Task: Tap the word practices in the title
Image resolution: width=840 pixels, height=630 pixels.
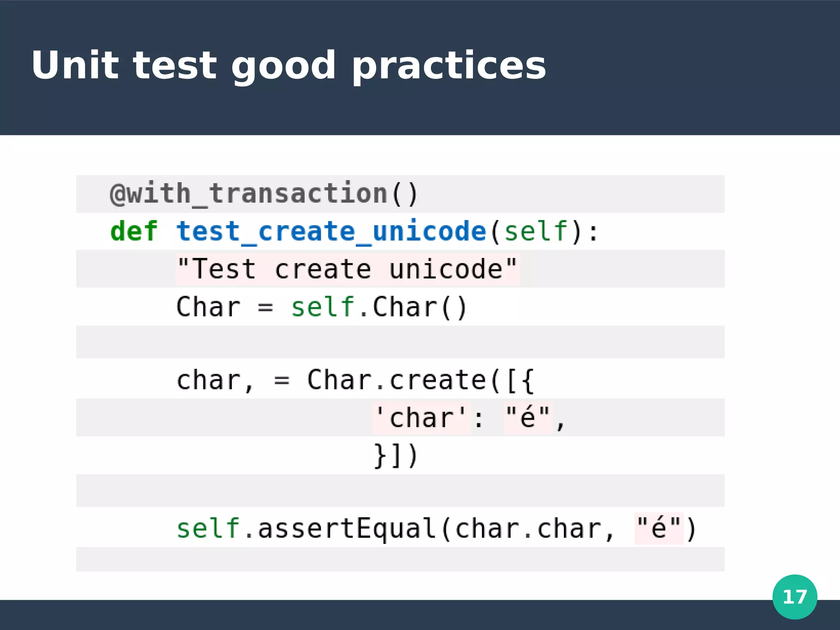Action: click(449, 66)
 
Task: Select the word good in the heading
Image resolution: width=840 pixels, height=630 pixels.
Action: click(283, 66)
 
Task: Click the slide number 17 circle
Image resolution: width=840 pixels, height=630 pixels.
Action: click(794, 596)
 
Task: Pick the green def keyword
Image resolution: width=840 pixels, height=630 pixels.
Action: click(134, 231)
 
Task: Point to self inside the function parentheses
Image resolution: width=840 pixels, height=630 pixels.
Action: click(536, 231)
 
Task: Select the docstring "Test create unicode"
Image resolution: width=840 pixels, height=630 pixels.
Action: click(347, 269)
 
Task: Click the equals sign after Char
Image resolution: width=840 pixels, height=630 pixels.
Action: click(265, 307)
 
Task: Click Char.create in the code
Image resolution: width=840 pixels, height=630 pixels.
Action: click(396, 380)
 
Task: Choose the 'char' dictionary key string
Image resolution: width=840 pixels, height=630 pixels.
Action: click(421, 418)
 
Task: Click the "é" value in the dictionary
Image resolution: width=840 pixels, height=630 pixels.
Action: click(528, 418)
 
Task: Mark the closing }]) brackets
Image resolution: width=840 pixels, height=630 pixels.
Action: click(395, 456)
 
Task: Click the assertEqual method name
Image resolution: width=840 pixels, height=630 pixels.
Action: click(347, 529)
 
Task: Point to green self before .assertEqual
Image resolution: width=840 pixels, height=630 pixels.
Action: click(208, 529)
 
